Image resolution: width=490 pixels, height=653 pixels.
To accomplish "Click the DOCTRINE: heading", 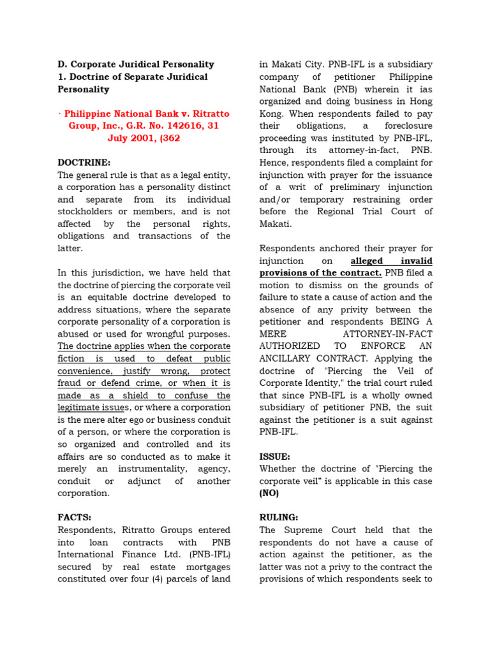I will click(x=84, y=163).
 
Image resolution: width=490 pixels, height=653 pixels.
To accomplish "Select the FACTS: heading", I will click(x=75, y=518).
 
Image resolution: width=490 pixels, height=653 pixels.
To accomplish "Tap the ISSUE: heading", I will click(x=275, y=457).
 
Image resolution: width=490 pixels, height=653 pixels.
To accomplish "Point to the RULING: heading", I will click(x=279, y=518).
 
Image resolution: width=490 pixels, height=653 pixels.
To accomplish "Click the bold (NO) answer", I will click(x=269, y=493).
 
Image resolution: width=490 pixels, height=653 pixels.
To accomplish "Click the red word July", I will click(x=121, y=138).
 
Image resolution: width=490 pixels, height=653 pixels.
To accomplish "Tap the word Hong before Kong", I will click(x=418, y=101).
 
